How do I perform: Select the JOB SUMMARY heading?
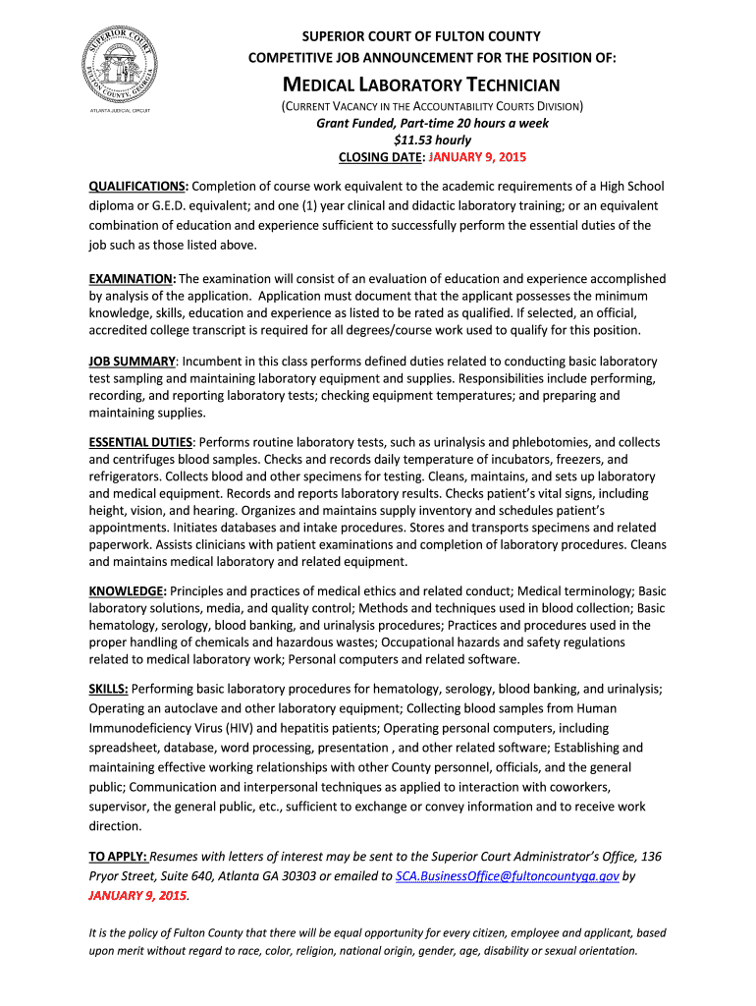pos(133,362)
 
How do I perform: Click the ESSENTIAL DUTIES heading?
pos(141,443)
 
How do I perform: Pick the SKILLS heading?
pos(108,689)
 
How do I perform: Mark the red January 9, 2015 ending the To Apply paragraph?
pos(137,896)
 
